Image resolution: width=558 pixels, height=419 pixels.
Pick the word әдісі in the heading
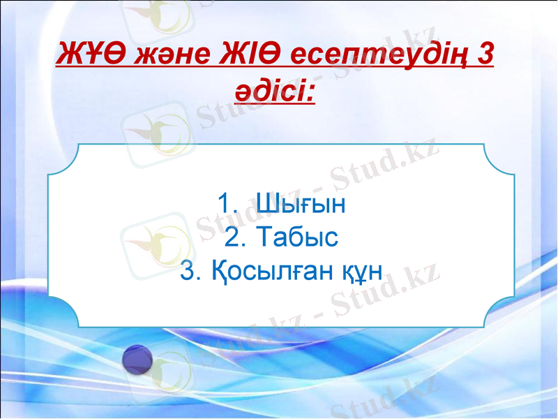[x=271, y=91]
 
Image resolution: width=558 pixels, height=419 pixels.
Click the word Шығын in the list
[x=301, y=205]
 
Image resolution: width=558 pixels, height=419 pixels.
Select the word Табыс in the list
[x=297, y=238]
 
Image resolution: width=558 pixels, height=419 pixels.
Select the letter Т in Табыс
[x=264, y=238]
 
